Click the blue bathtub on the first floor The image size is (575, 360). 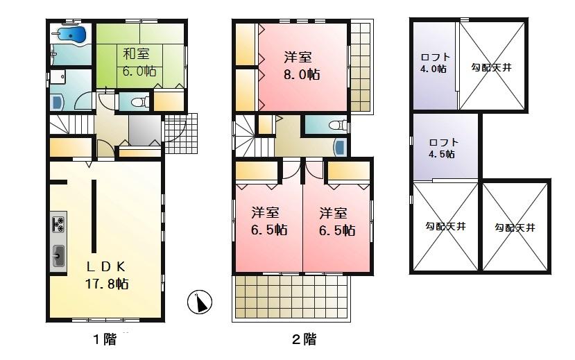[71, 35]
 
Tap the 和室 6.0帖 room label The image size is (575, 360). [139, 62]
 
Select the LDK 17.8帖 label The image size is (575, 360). [106, 275]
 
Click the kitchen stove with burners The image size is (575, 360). [58, 224]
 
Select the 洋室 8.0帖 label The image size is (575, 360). [301, 67]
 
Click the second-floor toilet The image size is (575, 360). [337, 126]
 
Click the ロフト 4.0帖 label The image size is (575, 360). [435, 63]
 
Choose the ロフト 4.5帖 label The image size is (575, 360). [443, 148]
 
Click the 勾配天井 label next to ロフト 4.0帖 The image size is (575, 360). [491, 67]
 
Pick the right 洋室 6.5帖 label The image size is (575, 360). [337, 221]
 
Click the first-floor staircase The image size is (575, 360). [69, 126]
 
